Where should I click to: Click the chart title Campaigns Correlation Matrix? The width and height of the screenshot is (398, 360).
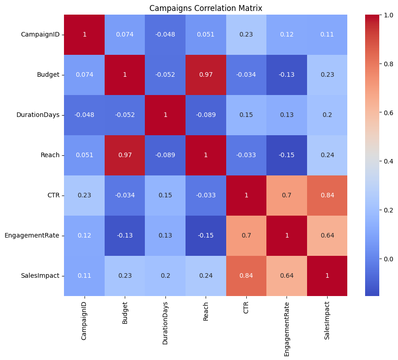click(205, 8)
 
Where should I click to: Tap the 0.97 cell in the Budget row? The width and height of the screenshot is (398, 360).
click(206, 75)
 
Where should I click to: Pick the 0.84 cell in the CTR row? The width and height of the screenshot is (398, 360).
click(327, 195)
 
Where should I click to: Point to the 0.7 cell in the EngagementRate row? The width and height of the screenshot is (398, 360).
click(246, 235)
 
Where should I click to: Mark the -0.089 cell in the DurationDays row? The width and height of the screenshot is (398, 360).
click(206, 115)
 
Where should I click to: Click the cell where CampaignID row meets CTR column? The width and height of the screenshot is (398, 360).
click(246, 35)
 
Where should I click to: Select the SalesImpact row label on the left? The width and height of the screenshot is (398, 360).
click(41, 275)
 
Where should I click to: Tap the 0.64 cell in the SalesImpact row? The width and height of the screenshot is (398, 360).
click(287, 275)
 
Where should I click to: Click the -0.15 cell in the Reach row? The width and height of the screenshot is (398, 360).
click(287, 155)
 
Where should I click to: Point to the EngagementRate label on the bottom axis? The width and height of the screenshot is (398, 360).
click(287, 325)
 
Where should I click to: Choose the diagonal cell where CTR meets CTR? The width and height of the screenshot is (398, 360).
click(246, 195)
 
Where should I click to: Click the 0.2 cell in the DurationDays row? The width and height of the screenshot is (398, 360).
click(327, 115)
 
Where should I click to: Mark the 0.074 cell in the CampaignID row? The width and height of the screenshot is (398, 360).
click(125, 35)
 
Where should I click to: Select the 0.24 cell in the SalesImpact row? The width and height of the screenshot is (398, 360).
click(206, 275)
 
